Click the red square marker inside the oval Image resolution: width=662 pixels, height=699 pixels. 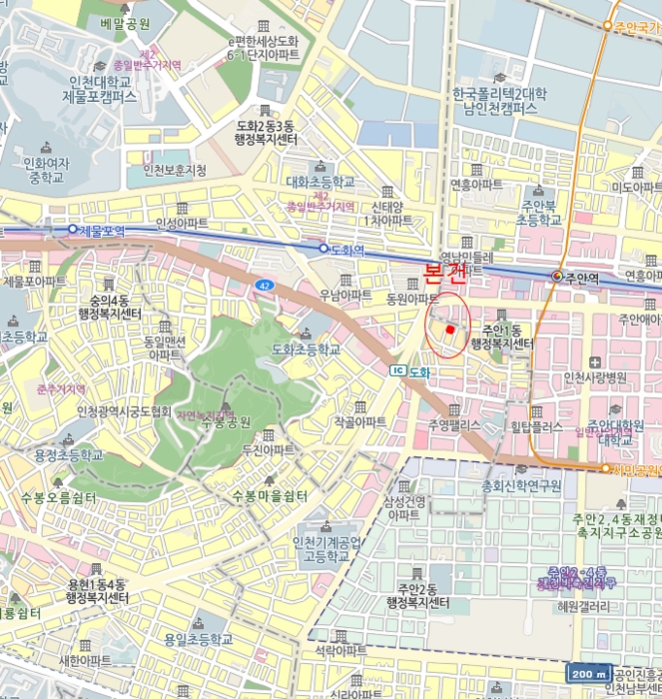(450, 329)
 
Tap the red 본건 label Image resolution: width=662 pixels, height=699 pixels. (445, 271)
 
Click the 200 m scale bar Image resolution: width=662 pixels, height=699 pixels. (588, 674)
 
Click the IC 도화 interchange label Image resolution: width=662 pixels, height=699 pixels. (409, 371)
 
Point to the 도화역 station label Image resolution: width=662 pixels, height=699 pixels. (343, 248)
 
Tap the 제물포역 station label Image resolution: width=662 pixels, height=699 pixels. (101, 230)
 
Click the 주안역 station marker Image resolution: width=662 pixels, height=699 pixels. (557, 276)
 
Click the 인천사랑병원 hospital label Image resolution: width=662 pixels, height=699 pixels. (595, 377)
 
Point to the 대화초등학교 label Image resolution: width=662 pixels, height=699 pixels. (320, 183)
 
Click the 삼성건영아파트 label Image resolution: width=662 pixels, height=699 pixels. (403, 507)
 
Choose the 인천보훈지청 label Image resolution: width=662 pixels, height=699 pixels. (174, 170)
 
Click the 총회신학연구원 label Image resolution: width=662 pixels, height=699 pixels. (521, 485)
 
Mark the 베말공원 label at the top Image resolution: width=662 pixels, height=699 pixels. (126, 22)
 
